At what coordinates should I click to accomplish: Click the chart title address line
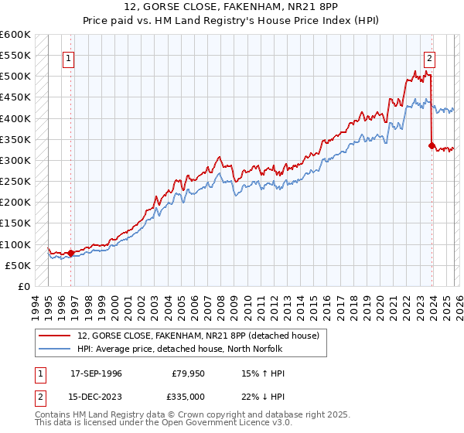(232, 6)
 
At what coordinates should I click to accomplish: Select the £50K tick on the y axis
(18, 265)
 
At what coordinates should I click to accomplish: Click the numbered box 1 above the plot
(70, 57)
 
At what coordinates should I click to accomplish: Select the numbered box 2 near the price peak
(429, 57)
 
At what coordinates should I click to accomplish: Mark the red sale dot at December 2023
(432, 145)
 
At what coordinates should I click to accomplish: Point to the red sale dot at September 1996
(70, 252)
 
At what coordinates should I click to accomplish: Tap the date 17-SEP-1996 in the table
(96, 373)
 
